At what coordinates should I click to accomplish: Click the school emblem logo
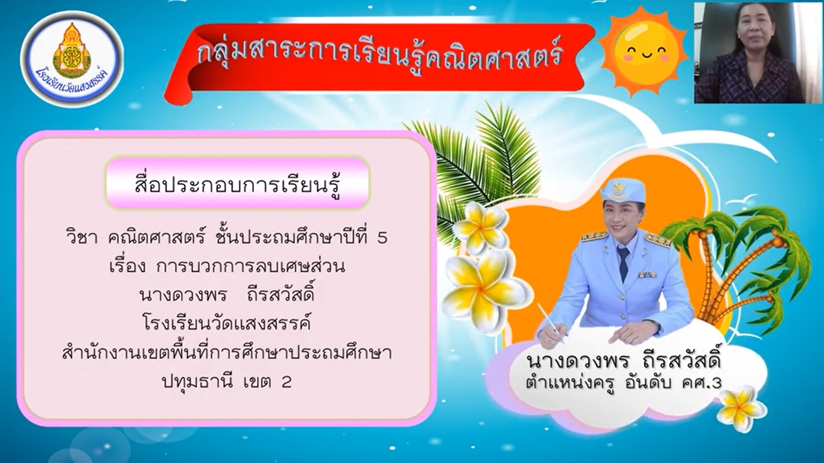click(x=72, y=59)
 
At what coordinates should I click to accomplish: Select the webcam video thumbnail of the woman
click(x=759, y=52)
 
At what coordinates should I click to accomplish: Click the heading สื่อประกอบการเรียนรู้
click(x=237, y=183)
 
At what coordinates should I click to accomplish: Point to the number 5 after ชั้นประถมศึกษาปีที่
click(x=382, y=239)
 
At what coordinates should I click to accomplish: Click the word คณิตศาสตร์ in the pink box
click(x=156, y=238)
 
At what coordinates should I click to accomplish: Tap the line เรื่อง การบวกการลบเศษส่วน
click(x=227, y=266)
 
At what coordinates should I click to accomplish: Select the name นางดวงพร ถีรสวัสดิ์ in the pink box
click(x=227, y=295)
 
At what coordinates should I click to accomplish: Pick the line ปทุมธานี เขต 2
click(x=227, y=382)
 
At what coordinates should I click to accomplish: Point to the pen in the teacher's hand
click(x=550, y=323)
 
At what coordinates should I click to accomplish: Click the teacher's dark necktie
click(x=623, y=263)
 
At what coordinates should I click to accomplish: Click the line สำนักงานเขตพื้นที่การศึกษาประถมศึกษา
click(x=227, y=353)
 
